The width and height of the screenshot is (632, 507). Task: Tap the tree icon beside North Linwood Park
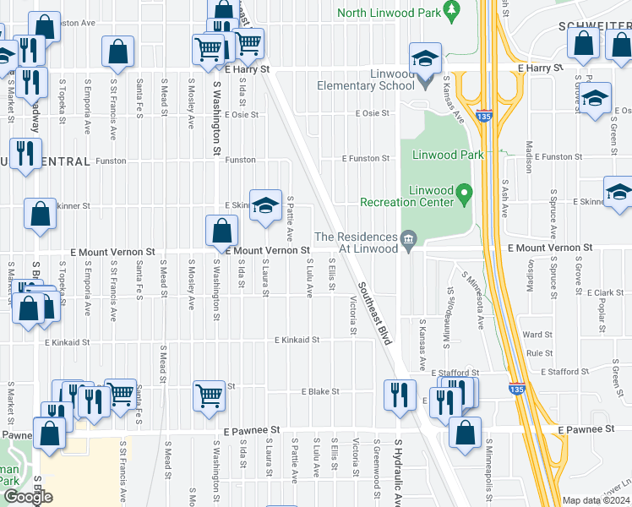coord(452,10)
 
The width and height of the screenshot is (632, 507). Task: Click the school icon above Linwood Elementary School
coord(424,58)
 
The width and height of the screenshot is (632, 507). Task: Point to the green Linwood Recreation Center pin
coord(464,196)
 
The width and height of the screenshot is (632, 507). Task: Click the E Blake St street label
coord(320,392)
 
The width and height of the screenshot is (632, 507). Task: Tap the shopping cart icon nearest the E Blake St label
coord(209,395)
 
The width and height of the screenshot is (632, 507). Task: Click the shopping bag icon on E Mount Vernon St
coord(221,230)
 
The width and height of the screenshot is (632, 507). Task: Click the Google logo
coord(28,497)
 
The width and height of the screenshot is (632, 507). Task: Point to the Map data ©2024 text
coord(595,500)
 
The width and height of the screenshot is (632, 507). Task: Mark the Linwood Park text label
coord(448,155)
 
